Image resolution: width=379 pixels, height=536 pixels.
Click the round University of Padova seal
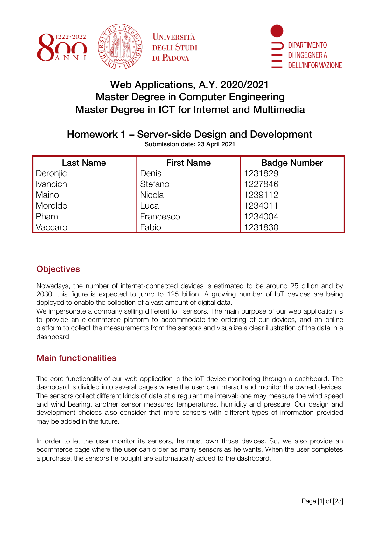(120, 46)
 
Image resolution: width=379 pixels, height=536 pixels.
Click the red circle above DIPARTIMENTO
(277, 31)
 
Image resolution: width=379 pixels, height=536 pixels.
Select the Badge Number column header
(292, 163)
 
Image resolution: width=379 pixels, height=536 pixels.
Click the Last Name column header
(84, 163)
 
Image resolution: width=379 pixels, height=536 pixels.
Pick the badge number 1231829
(261, 173)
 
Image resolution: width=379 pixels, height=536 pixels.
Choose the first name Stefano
(155, 184)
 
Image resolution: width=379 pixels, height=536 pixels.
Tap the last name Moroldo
(52, 206)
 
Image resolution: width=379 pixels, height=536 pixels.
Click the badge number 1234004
(261, 217)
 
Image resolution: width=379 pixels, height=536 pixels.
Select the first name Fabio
(151, 227)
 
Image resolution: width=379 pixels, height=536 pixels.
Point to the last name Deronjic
(51, 173)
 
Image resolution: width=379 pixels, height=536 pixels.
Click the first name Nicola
(152, 195)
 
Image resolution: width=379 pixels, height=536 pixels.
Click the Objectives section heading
(58, 269)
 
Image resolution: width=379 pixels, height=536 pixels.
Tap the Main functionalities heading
(76, 358)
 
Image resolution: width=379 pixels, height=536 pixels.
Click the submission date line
(190, 144)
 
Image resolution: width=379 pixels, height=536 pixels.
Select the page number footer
(322, 501)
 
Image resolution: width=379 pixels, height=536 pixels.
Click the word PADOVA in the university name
(176, 58)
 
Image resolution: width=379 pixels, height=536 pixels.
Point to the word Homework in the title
(92, 135)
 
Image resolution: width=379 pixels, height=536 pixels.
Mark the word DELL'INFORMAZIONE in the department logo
(315, 66)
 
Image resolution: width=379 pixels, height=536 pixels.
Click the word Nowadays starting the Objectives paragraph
(53, 286)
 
